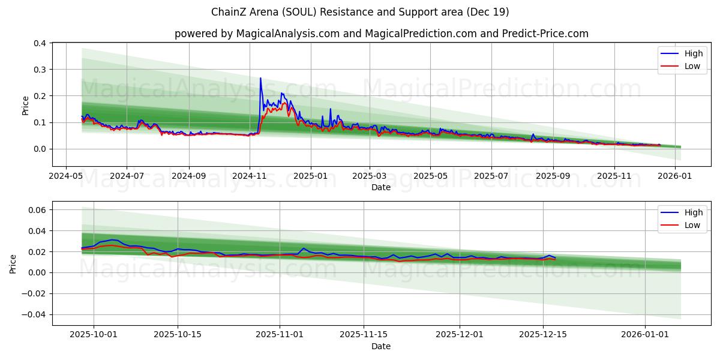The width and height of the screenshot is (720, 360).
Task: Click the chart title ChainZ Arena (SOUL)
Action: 360,12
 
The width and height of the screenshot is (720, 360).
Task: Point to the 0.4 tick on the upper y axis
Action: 40,43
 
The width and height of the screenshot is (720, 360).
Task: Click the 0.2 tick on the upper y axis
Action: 40,96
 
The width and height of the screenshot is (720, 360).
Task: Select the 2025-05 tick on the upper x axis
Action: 430,176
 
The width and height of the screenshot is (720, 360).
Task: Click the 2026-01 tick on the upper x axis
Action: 675,176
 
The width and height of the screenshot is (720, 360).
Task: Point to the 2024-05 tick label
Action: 65,176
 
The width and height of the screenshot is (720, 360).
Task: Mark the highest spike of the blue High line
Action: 260,78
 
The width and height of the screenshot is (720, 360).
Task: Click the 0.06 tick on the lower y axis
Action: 38,210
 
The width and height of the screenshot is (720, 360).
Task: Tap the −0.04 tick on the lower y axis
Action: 35,315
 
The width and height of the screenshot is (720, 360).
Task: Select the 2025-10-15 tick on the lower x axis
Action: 178,335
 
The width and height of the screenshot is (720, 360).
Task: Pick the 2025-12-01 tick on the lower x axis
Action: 460,335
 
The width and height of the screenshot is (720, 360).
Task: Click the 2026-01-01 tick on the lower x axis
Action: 645,335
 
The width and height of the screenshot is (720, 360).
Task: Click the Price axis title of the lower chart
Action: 14,263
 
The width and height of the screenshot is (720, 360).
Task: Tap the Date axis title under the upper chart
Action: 381,187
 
